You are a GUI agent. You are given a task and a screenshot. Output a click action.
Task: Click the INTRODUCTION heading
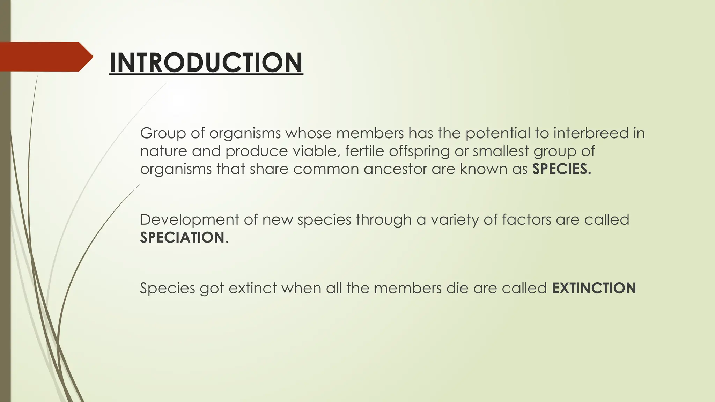coord(206,62)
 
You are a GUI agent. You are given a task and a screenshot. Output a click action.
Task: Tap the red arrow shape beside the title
coord(45,57)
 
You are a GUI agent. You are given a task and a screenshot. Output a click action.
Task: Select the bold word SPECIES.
coord(561,169)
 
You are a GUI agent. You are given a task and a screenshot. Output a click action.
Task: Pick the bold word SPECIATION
coord(182,238)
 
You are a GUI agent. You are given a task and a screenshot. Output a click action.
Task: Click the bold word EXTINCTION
coord(594,288)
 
